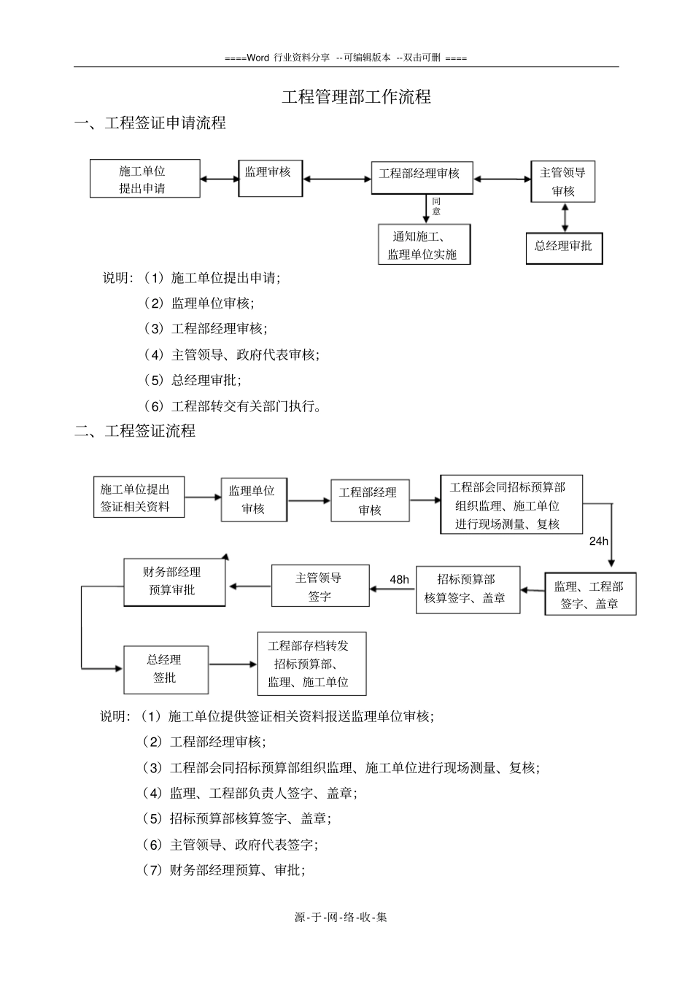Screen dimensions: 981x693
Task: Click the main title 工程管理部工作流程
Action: (356, 97)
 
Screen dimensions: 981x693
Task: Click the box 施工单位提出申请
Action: (144, 179)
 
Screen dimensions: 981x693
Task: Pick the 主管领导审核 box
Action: (563, 182)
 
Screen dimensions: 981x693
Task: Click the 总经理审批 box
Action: (564, 247)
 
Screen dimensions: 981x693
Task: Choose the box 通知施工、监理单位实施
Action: (424, 244)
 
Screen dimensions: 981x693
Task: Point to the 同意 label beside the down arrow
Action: (436, 206)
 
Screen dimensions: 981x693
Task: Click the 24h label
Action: (599, 542)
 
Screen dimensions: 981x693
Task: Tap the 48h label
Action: (400, 580)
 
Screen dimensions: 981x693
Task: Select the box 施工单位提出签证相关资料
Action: (139, 497)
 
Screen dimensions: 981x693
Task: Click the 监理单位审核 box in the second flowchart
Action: (252, 500)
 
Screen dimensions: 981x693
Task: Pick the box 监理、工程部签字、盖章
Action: (590, 594)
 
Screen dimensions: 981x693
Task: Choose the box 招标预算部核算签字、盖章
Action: (468, 589)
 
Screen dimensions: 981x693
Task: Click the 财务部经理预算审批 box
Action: (174, 581)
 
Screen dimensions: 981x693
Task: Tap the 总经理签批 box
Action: (166, 669)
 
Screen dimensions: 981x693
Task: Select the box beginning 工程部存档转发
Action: (311, 664)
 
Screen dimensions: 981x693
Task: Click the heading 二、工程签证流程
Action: (136, 431)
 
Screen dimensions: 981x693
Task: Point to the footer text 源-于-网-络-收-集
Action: (341, 917)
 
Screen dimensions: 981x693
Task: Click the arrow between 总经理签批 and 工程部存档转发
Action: (233, 664)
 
